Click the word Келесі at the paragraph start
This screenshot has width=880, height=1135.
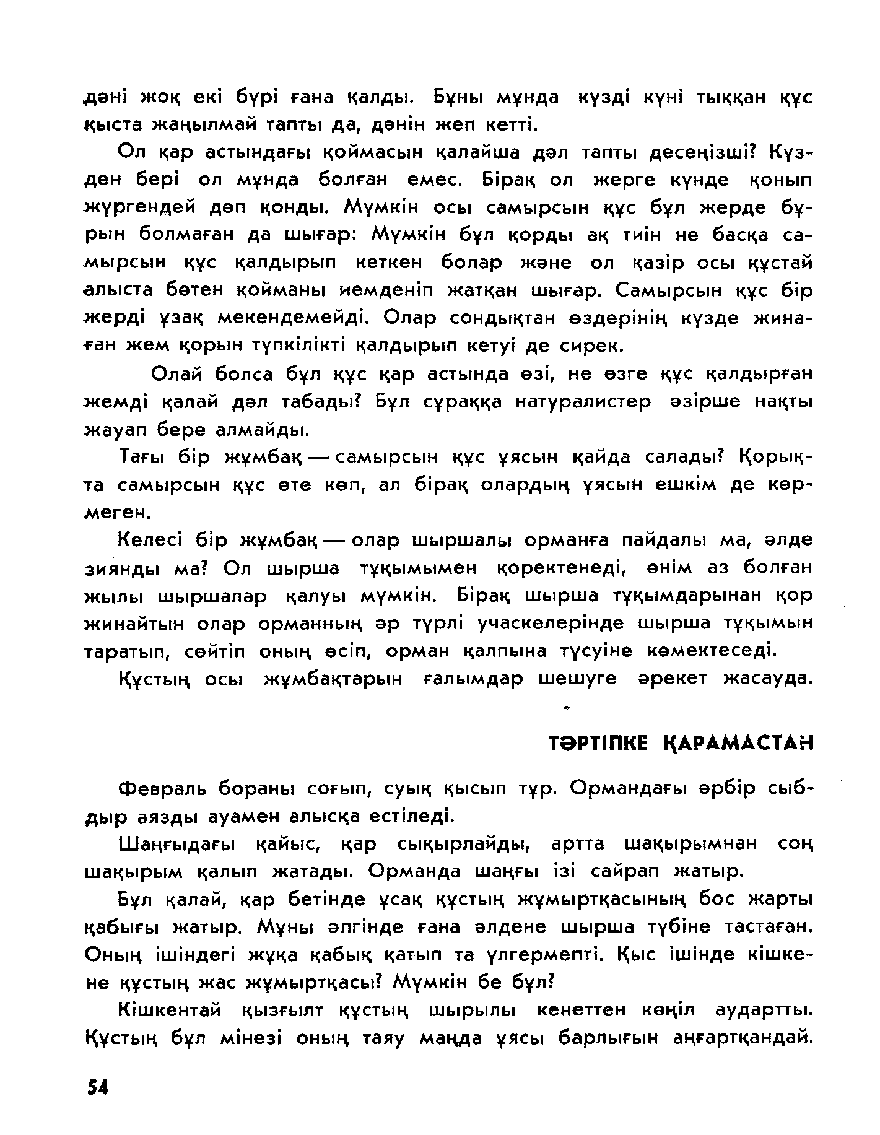(149, 541)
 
